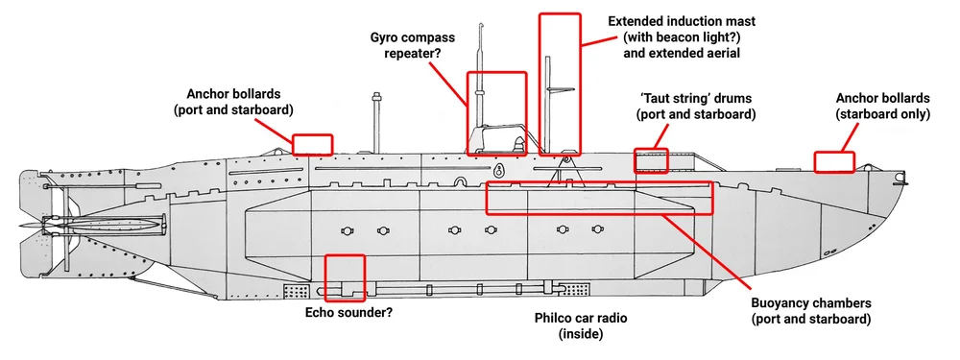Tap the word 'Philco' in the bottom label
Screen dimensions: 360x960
(x=554, y=316)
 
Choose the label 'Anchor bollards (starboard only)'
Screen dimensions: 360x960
(x=882, y=106)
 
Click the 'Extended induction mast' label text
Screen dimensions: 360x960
(x=682, y=20)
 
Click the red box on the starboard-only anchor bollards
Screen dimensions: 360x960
(x=834, y=161)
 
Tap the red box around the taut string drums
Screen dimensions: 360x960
(x=651, y=159)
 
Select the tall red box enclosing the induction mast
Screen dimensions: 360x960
(x=560, y=84)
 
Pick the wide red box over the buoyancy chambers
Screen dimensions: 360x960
(x=599, y=197)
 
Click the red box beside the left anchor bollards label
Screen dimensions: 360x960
(x=312, y=144)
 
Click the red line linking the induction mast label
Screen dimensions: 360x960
(x=596, y=38)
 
